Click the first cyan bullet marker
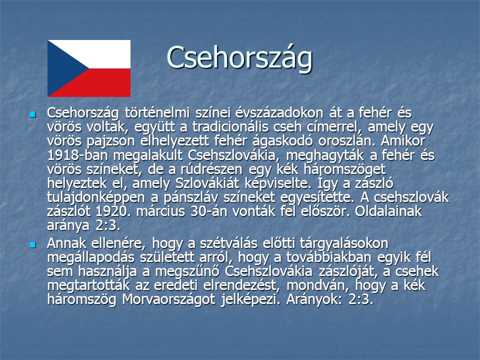[32, 114]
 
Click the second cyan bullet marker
[32, 245]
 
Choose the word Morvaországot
[168, 299]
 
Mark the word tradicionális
[226, 126]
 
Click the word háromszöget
[344, 170]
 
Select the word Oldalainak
[388, 211]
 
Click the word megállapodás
[91, 258]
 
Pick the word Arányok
[314, 299]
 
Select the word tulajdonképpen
[96, 198]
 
